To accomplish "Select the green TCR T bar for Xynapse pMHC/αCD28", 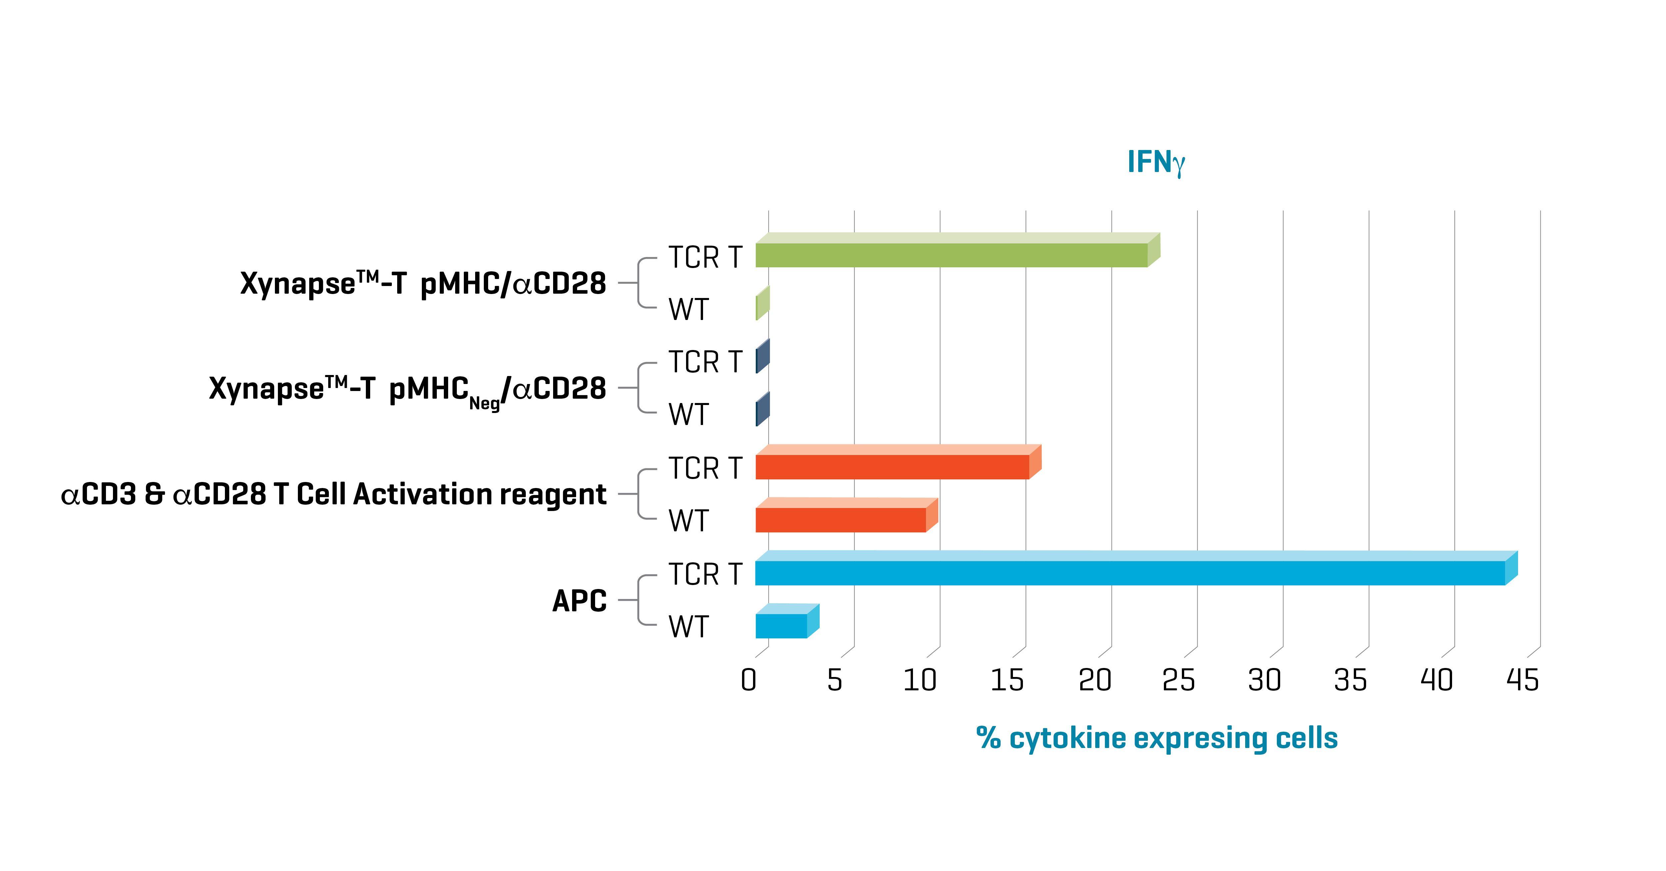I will point(951,254).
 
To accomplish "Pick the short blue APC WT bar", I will point(781,625).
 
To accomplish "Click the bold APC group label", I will point(579,601).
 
